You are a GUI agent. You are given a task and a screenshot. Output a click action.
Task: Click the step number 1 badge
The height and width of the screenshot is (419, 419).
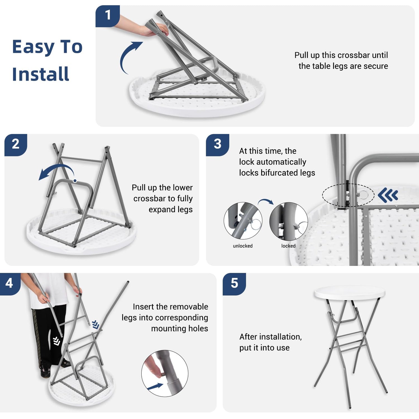[x=108, y=16]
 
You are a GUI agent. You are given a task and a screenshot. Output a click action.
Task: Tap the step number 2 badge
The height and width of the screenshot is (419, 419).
[x=16, y=145]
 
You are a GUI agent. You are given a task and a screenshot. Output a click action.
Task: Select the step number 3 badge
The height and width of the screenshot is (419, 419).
[x=218, y=145]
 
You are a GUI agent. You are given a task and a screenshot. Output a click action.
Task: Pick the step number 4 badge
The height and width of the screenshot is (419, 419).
[x=9, y=284]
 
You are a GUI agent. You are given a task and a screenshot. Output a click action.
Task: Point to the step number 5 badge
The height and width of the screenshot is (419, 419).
[x=234, y=284]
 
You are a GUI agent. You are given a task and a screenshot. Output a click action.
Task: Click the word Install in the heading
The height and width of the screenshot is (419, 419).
[x=41, y=74]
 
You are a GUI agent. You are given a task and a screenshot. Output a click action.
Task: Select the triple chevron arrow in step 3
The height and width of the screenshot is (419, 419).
[x=388, y=195]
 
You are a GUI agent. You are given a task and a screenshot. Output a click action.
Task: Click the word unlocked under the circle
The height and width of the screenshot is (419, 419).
[x=243, y=246]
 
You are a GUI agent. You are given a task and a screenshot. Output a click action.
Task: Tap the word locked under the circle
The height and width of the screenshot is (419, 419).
[x=288, y=246]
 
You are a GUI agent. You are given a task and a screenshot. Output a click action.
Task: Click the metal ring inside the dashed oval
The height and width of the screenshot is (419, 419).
[x=363, y=194]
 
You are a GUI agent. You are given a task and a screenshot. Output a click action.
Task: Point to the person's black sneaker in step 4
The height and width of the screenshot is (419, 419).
[x=46, y=373]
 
